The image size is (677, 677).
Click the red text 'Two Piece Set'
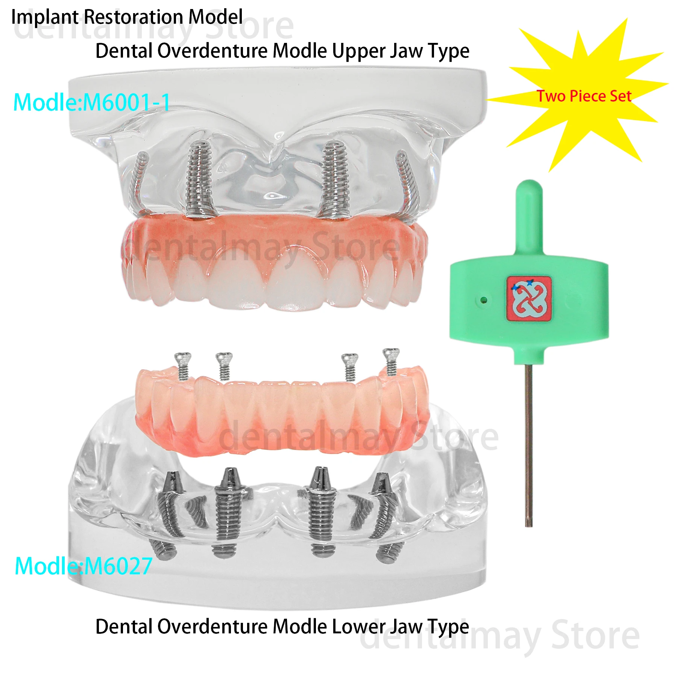[x=584, y=96]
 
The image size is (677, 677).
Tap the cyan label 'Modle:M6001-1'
[x=92, y=102]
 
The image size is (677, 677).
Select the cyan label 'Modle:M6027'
[x=83, y=566]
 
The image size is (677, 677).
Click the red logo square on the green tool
[x=529, y=299]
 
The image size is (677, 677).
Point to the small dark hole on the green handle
[x=484, y=300]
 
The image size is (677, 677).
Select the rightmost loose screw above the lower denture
[x=391, y=361]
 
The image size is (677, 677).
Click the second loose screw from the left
[x=224, y=365]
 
